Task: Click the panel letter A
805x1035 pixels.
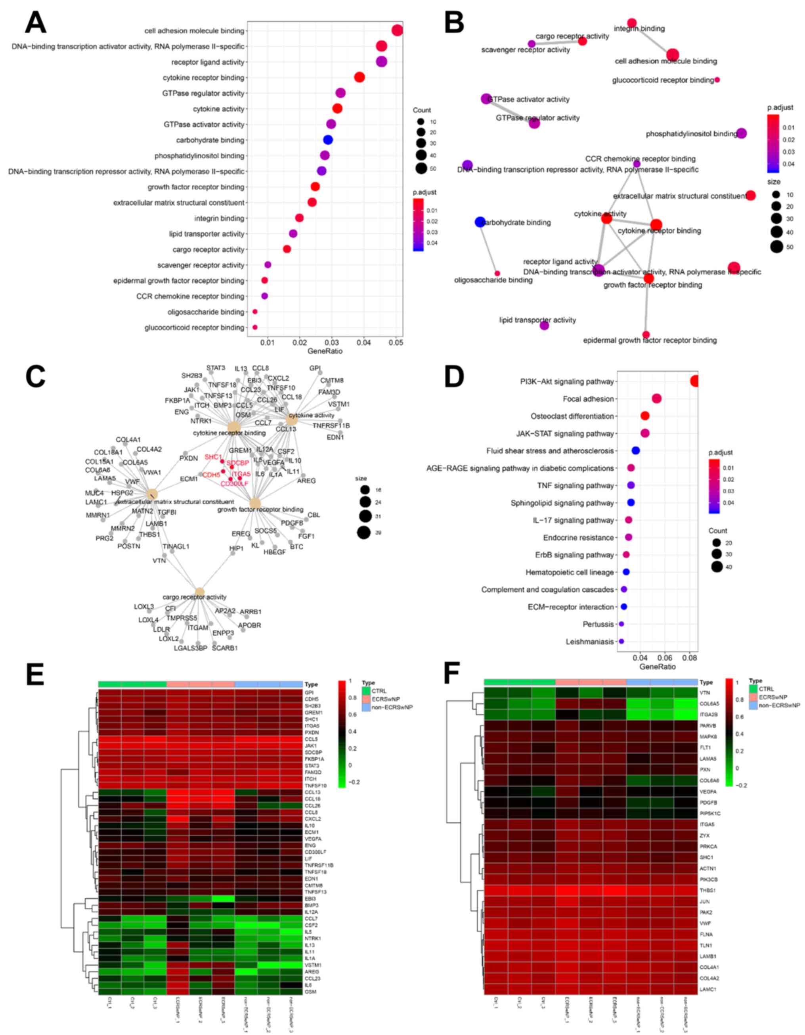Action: pyautogui.click(x=36, y=22)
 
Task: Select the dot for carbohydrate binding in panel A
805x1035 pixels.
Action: pyautogui.click(x=328, y=140)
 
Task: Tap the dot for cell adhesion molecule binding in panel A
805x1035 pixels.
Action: pyautogui.click(x=397, y=31)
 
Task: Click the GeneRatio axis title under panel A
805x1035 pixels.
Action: pyautogui.click(x=325, y=351)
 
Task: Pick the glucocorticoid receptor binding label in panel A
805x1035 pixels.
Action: pyautogui.click(x=195, y=328)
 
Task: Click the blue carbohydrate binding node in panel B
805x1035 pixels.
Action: pyautogui.click(x=480, y=222)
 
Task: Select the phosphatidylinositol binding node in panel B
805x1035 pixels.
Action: pyautogui.click(x=742, y=134)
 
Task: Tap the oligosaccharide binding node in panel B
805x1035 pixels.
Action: pyautogui.click(x=497, y=274)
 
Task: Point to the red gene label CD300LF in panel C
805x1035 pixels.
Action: pyautogui.click(x=234, y=484)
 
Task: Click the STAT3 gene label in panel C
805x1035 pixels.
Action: pyautogui.click(x=216, y=368)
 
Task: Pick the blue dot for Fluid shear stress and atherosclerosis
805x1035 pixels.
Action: pyautogui.click(x=636, y=450)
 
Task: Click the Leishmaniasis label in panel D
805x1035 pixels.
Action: pyautogui.click(x=589, y=642)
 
